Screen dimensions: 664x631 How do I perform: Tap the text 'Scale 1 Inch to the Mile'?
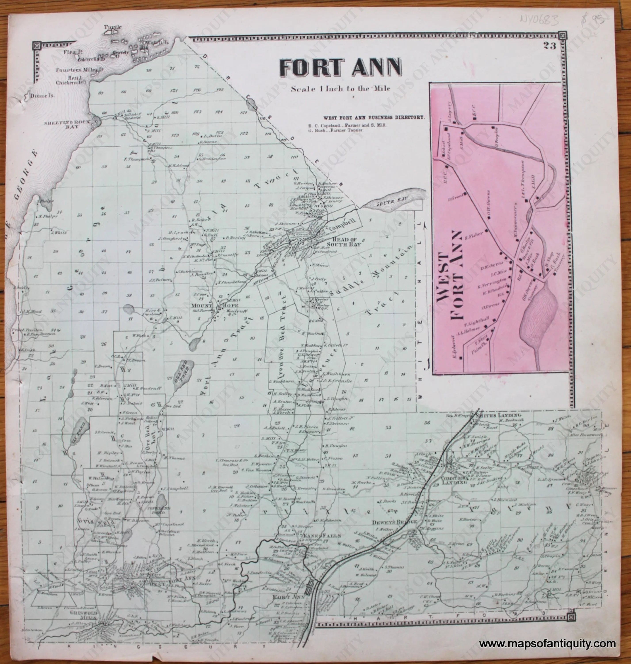(x=341, y=89)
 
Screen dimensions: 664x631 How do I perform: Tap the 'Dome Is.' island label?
(x=42, y=96)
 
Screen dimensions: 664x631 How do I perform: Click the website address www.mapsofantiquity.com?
(x=547, y=645)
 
